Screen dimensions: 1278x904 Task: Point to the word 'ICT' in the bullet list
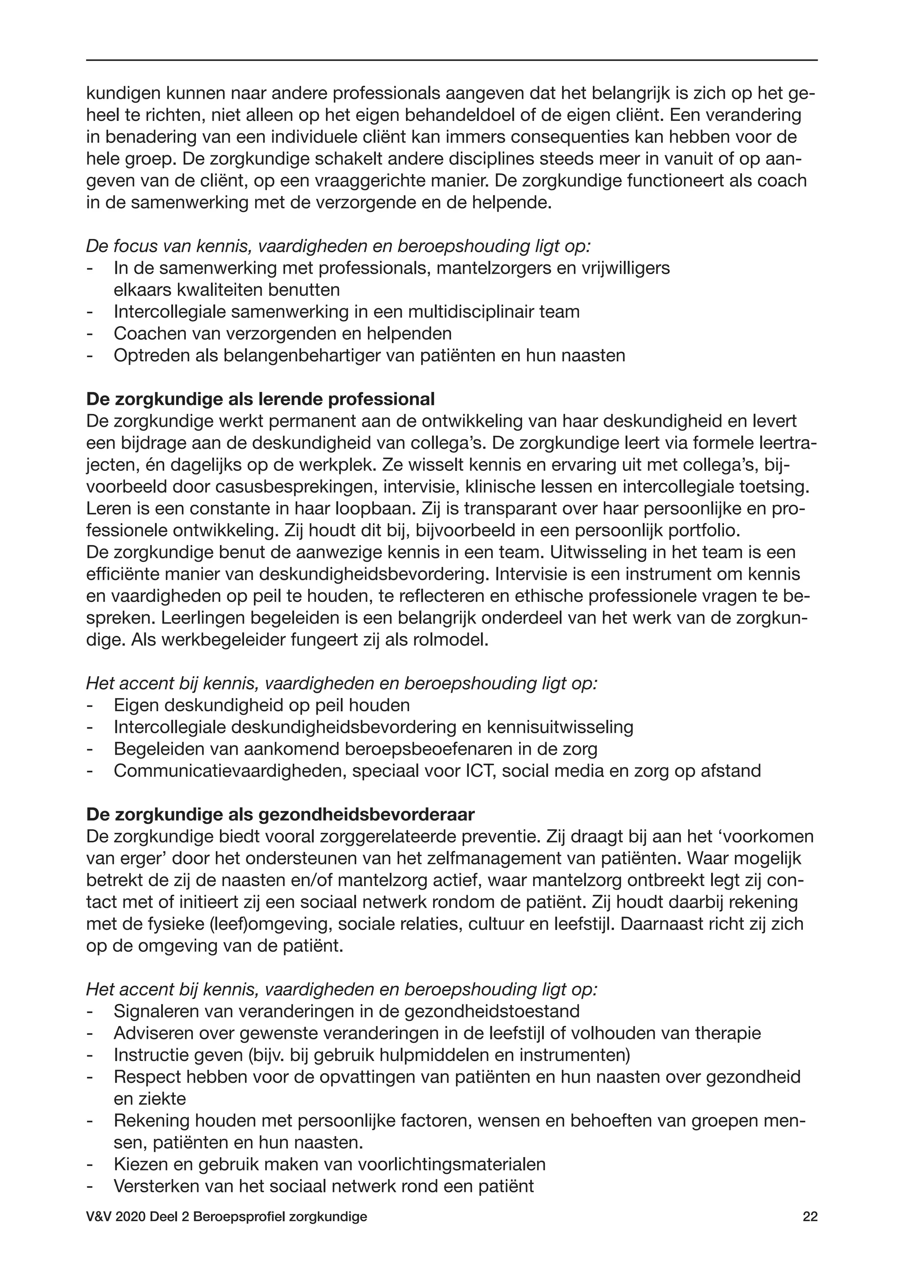pyautogui.click(x=481, y=771)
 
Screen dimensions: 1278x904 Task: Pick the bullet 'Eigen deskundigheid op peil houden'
pyautogui.click(x=262, y=705)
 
